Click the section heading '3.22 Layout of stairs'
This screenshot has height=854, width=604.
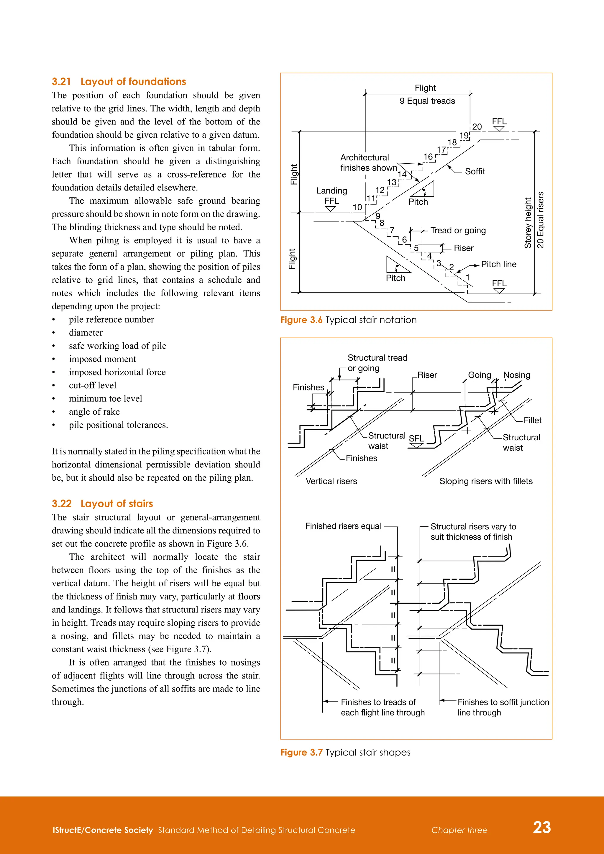click(x=102, y=504)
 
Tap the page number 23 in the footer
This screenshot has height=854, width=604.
click(x=541, y=827)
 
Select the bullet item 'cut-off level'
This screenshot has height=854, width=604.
click(x=92, y=385)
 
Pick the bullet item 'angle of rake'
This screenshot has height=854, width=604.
click(x=94, y=412)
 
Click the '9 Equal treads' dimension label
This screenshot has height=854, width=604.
click(x=427, y=101)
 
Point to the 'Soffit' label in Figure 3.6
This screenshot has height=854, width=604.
click(x=475, y=171)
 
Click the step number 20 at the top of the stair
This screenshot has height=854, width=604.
click(x=477, y=127)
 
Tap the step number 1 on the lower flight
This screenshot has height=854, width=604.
click(x=467, y=277)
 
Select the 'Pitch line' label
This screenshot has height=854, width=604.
click(x=498, y=265)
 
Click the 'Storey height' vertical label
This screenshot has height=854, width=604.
click(x=527, y=223)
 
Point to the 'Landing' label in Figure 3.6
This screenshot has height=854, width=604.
click(x=331, y=191)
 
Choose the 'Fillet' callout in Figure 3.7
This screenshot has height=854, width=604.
click(x=532, y=420)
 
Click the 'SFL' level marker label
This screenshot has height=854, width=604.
click(x=416, y=439)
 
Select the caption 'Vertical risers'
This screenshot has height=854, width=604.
click(x=331, y=481)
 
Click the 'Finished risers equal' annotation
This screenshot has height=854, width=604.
click(x=343, y=526)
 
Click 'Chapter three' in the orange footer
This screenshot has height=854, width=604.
click(x=459, y=830)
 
